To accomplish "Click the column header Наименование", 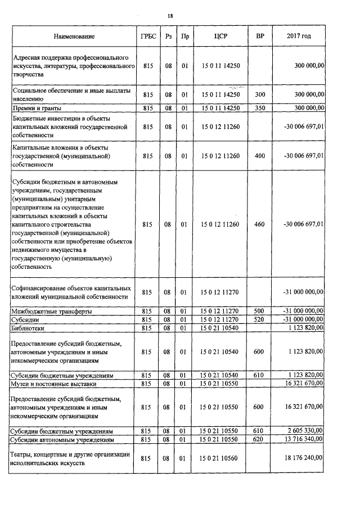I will pos(74,37).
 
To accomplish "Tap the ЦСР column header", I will pos(220,37).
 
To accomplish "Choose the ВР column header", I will pos(260,37).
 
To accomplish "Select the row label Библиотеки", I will pos(30,327).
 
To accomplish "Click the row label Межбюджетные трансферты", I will pos(52,311).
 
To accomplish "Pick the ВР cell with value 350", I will pos(260,107).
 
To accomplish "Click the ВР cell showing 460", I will pos(260,224).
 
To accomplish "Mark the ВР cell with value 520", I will pos(260,319).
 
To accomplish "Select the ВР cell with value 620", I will pos(260,439).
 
